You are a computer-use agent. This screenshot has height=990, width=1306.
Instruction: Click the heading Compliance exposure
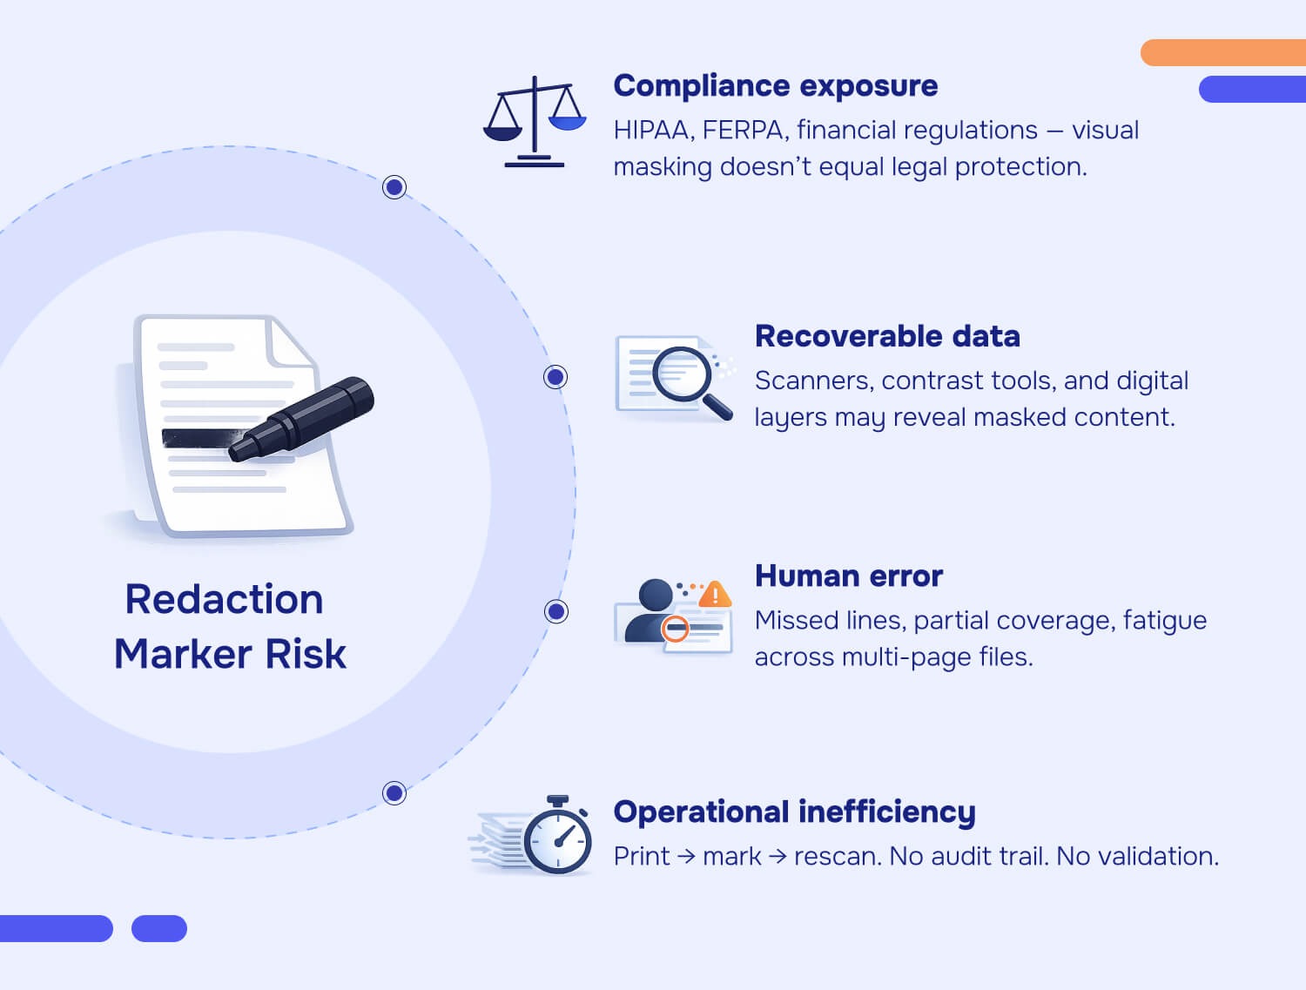[x=775, y=86]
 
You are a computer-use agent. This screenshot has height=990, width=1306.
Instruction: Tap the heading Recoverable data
[x=886, y=336]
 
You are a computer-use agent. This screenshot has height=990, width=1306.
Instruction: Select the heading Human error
[x=848, y=576]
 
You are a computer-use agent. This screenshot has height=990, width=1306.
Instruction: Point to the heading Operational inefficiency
[x=794, y=812]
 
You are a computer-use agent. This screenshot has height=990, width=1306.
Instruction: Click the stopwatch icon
[x=558, y=837]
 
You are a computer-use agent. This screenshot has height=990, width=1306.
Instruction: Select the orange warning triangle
[x=715, y=594]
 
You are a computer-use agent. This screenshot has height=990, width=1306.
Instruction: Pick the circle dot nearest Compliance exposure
[x=394, y=187]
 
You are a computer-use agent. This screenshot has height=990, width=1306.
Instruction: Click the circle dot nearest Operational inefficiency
[x=394, y=793]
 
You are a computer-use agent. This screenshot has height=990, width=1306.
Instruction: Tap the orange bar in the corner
[x=1222, y=52]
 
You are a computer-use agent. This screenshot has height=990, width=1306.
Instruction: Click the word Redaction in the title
[x=224, y=600]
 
